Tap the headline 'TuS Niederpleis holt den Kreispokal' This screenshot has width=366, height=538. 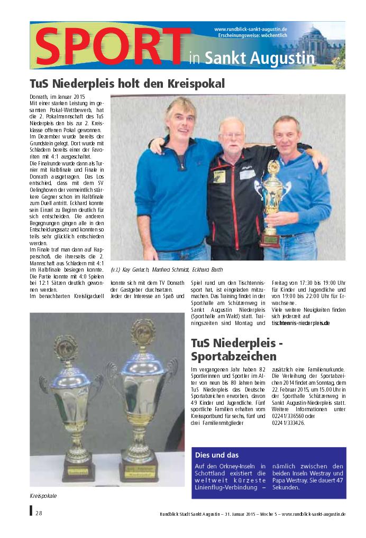(x=127, y=84)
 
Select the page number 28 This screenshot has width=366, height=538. (x=39, y=513)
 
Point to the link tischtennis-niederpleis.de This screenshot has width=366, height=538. (x=300, y=322)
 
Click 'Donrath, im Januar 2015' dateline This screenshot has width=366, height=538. (x=57, y=98)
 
